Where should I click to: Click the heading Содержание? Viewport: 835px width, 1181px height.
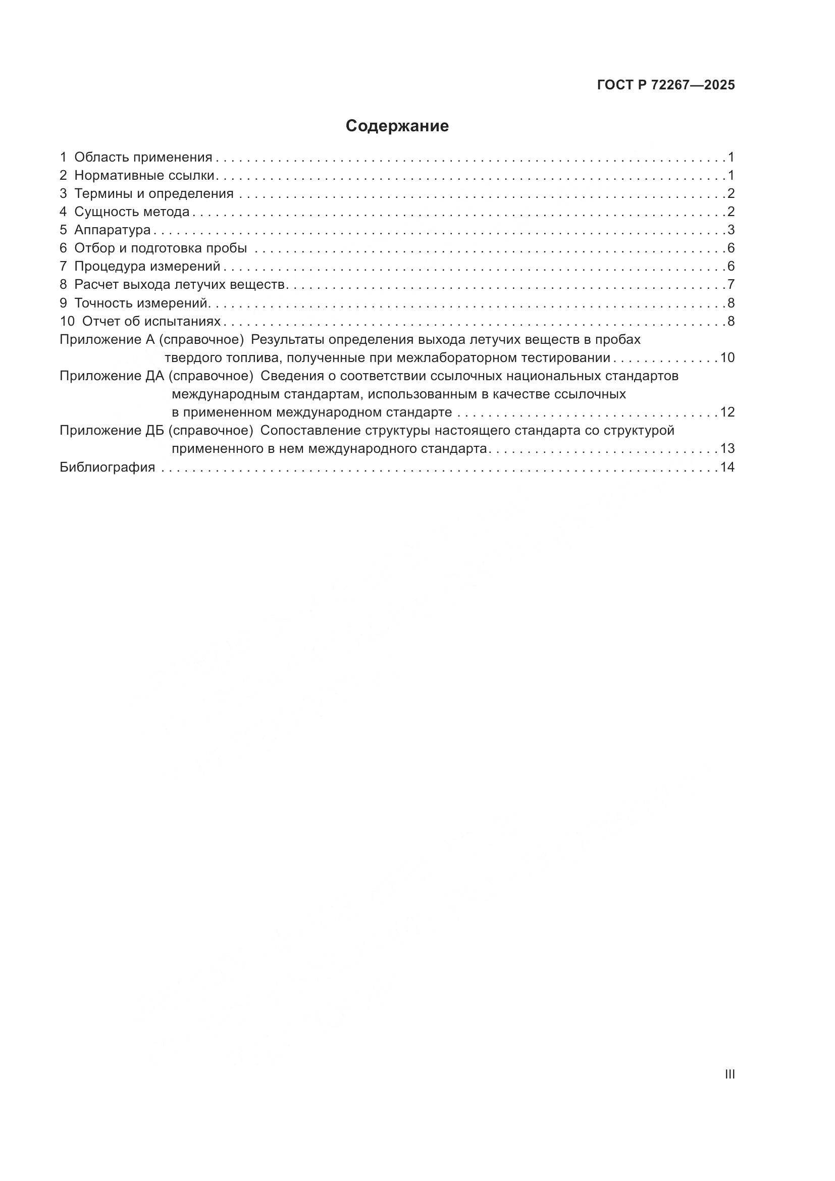click(397, 126)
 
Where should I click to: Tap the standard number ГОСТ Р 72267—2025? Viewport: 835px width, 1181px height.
click(666, 85)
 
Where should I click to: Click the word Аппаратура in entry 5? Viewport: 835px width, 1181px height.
click(112, 230)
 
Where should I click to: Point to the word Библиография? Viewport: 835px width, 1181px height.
click(108, 467)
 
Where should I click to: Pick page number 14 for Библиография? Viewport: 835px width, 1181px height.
click(727, 467)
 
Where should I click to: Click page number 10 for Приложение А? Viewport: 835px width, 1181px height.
click(727, 357)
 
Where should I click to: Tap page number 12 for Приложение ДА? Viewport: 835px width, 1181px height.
click(727, 412)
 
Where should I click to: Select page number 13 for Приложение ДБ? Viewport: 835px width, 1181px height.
click(727, 448)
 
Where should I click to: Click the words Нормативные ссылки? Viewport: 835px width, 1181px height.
click(144, 175)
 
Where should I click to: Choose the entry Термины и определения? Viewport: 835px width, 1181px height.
click(154, 194)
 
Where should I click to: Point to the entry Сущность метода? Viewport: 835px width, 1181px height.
click(132, 212)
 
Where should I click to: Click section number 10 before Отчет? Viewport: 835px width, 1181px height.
click(67, 322)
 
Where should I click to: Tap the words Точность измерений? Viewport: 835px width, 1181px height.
click(141, 303)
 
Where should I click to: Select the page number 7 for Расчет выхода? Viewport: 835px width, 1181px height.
click(730, 284)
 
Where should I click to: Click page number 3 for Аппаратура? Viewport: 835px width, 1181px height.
click(730, 230)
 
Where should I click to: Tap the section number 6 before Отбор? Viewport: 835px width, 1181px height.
click(63, 248)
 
